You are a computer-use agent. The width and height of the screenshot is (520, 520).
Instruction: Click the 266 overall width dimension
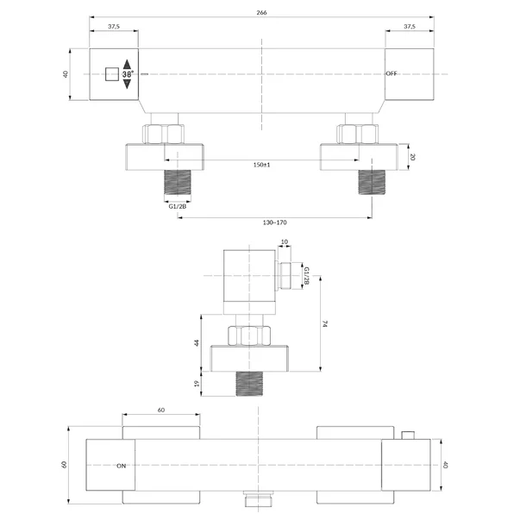coord(261,13)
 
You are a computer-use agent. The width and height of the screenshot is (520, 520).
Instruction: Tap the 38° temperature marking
coord(128,74)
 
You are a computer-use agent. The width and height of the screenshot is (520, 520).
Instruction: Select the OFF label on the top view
coord(392,73)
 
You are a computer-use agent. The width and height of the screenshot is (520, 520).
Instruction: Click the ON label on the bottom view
coord(121,466)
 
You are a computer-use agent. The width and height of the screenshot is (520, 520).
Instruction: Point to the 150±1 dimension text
coord(261,165)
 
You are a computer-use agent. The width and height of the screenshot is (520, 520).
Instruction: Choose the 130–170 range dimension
coord(274,222)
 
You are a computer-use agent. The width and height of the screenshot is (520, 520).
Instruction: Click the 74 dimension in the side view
coord(325,323)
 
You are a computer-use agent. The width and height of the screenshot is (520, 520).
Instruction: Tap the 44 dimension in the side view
coord(197,342)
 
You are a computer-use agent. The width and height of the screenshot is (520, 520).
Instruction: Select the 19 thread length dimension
coord(197,384)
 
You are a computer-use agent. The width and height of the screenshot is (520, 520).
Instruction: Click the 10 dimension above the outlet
coord(285,241)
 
